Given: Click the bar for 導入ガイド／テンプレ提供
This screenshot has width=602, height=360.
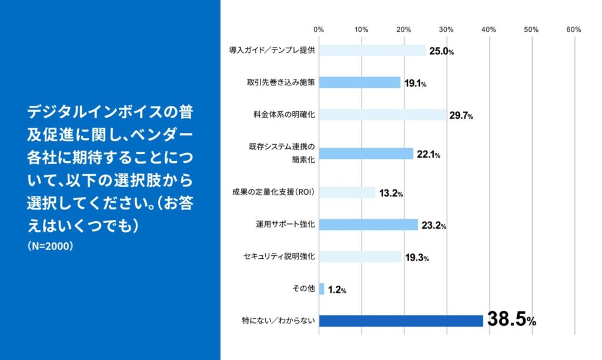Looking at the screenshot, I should [x=372, y=51].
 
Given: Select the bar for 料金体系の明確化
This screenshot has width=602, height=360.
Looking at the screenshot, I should [x=382, y=115].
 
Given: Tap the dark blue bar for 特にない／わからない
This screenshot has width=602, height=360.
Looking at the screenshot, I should [x=401, y=321].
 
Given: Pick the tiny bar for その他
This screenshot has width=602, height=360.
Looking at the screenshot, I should [x=322, y=289].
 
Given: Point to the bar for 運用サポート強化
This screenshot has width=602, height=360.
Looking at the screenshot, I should [x=369, y=224].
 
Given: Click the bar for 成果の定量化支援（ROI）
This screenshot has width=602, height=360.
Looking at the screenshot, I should [x=347, y=192].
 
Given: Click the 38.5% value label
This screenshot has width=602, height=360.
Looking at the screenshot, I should [x=511, y=321].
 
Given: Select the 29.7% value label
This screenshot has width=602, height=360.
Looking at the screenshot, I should [x=461, y=115].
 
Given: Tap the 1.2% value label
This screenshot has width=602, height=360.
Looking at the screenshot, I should [x=337, y=289].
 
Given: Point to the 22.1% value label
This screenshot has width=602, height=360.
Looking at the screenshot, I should [x=429, y=155].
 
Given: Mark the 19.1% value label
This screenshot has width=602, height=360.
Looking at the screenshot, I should [x=414, y=84].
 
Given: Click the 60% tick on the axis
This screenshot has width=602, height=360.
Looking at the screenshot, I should [x=574, y=29].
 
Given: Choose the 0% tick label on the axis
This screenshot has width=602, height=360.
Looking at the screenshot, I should [x=319, y=29].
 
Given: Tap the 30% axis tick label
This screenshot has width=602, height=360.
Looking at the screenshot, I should [x=446, y=29].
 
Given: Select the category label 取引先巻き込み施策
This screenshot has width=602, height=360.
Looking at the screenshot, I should [x=281, y=82].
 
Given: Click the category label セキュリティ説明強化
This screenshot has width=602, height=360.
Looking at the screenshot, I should [x=279, y=256].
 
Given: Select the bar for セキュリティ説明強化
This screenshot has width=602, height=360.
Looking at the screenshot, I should [x=360, y=256].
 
